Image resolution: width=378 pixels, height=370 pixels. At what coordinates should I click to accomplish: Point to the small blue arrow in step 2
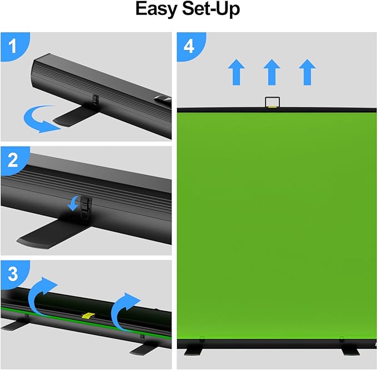(x=73, y=204)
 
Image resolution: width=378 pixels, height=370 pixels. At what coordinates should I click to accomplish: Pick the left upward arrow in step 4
(x=237, y=72)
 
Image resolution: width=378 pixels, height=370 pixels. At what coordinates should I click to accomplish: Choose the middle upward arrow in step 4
(x=271, y=72)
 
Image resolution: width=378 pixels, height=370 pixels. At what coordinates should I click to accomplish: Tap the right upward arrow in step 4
(x=306, y=72)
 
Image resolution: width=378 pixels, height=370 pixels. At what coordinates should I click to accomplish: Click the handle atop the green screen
(x=271, y=102)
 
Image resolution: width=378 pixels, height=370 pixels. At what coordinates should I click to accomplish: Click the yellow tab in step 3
(x=89, y=316)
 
